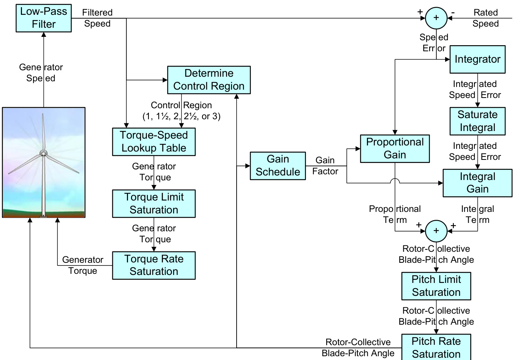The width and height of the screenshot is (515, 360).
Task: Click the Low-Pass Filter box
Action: [x=44, y=18]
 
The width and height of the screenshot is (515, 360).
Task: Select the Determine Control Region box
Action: [x=209, y=80]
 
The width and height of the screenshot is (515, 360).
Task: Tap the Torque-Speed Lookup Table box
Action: [x=154, y=142]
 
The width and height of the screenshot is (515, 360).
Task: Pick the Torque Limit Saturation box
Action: [x=154, y=204]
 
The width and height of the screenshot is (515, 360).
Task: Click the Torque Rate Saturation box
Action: [x=154, y=265]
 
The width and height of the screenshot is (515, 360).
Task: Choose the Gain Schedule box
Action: [x=278, y=166]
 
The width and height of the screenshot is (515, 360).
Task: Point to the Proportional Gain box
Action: [x=395, y=148]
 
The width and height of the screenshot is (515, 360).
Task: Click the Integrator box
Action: [x=477, y=59]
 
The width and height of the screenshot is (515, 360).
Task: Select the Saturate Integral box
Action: [x=477, y=121]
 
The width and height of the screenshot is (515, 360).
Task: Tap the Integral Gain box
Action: [x=477, y=183]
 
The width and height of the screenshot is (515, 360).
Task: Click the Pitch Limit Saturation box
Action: [x=436, y=286]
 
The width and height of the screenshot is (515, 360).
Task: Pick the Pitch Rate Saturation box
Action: [x=436, y=347]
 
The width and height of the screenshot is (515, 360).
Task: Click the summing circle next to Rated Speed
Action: [x=436, y=18]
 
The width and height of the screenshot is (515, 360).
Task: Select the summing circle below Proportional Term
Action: [x=436, y=231]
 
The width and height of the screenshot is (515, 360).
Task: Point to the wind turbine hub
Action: [x=44, y=153]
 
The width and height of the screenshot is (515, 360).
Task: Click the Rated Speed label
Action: [x=485, y=18]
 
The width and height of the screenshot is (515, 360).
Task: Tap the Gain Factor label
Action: [x=325, y=166]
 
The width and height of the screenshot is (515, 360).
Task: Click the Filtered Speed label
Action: [x=97, y=18]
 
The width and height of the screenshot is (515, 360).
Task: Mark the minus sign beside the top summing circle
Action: [x=453, y=13]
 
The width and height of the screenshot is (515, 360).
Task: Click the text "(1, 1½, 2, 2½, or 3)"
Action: [x=182, y=116]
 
